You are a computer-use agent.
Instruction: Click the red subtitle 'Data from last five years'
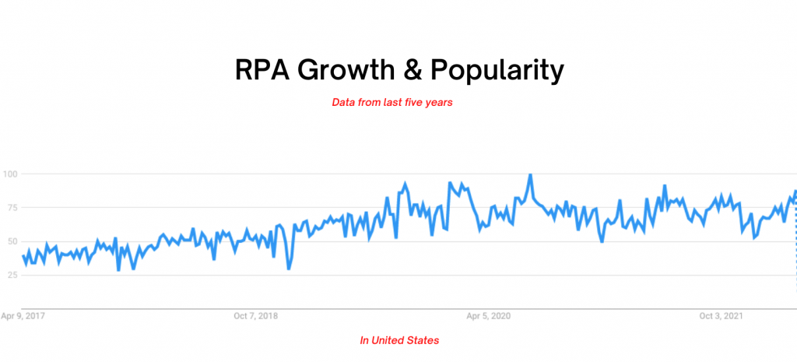(x=392, y=103)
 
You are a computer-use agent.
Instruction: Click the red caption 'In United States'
(x=399, y=340)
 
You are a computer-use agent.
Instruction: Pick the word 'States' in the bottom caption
(x=423, y=340)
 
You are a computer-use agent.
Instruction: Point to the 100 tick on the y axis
(x=10, y=174)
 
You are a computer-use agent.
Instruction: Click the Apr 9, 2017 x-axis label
(x=23, y=316)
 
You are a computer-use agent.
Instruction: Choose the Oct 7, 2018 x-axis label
(x=255, y=316)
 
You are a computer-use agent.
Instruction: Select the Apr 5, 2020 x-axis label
(x=488, y=316)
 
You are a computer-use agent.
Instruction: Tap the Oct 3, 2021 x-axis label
(x=721, y=316)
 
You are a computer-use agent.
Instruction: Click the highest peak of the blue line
(x=530, y=175)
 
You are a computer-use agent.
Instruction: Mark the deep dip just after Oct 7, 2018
(x=289, y=269)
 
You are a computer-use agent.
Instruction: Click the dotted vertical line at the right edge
(x=795, y=249)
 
